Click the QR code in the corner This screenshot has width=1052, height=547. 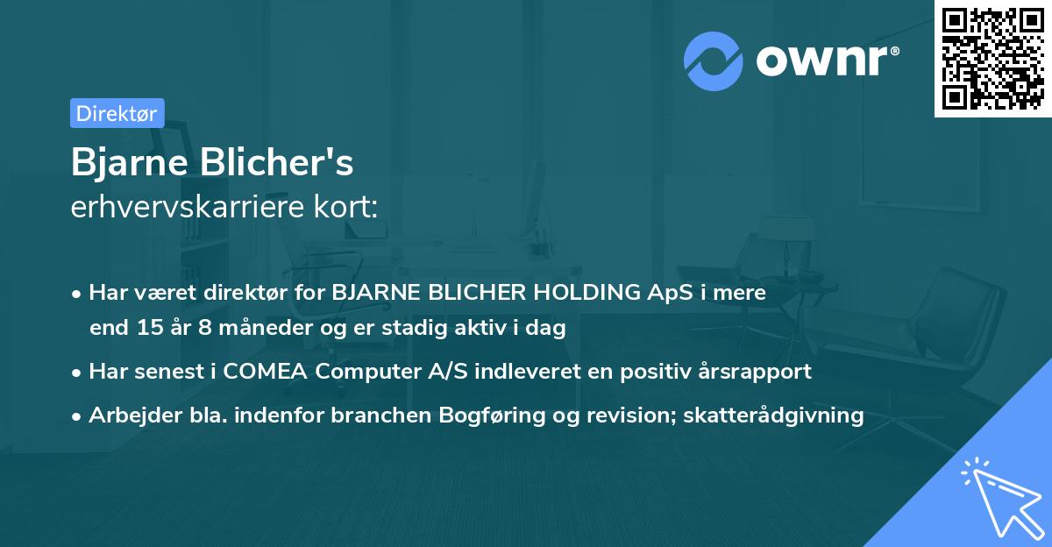(992, 59)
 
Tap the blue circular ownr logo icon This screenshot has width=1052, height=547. (714, 61)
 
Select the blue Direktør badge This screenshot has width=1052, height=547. (117, 113)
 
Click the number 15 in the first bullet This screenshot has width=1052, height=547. (148, 329)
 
